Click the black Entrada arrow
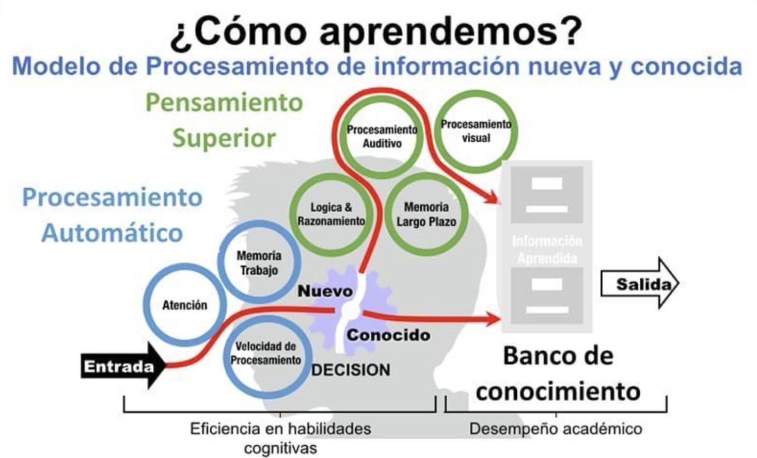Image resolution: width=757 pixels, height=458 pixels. (122, 366)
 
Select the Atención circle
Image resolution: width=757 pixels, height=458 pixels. (184, 305)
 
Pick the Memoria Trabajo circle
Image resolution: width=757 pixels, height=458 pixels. (259, 263)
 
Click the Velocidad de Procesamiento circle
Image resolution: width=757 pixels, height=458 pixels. (266, 353)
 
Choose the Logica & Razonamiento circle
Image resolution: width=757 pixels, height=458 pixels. (331, 214)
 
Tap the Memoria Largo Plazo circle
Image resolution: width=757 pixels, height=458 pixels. (427, 214)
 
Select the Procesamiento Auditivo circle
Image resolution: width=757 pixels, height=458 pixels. (382, 136)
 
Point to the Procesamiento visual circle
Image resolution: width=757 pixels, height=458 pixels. (476, 131)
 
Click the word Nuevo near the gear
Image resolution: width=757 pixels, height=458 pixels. (325, 291)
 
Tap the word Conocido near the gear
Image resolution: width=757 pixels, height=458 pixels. (388, 335)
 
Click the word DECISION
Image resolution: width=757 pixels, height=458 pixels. (351, 370)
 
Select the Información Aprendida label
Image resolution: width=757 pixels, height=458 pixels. (547, 250)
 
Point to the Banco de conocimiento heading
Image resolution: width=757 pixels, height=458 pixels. (558, 373)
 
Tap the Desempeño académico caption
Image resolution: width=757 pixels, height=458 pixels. (556, 429)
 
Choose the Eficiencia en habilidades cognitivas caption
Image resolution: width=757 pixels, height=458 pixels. (280, 437)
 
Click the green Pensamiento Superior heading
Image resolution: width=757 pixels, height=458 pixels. (224, 120)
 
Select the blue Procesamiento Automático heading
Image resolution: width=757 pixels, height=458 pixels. (112, 215)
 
